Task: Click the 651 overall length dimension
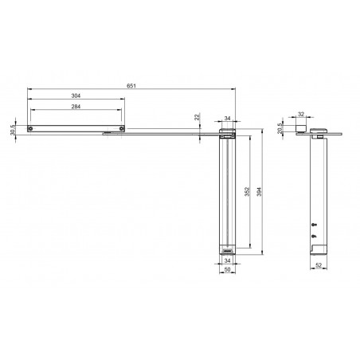click(x=131, y=86)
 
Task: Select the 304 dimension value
click(x=76, y=96)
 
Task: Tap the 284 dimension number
click(x=76, y=107)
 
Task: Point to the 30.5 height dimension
click(x=13, y=130)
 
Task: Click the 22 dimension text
click(x=197, y=117)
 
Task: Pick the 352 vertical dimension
click(x=247, y=192)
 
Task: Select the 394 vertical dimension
click(x=259, y=192)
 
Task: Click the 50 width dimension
click(x=227, y=269)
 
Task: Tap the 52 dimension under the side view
click(x=319, y=265)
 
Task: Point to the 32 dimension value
click(x=301, y=114)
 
